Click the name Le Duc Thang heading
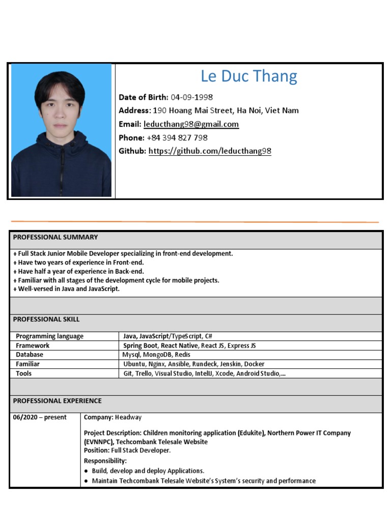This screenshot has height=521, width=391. (x=249, y=76)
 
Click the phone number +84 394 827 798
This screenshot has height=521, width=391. (x=177, y=138)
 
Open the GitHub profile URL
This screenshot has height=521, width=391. (x=210, y=151)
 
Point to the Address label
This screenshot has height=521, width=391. (x=134, y=110)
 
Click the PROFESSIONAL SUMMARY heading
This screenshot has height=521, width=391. (x=55, y=237)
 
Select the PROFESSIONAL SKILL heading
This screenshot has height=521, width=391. (x=46, y=320)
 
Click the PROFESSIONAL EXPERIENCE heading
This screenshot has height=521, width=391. (x=57, y=401)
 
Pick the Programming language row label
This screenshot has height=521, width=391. (x=49, y=336)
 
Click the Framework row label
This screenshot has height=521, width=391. (x=33, y=345)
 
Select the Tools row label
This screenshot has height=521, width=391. (x=23, y=373)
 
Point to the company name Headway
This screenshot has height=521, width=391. (x=128, y=418)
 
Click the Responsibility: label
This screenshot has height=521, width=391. (x=105, y=461)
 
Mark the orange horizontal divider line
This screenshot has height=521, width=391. (x=195, y=222)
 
